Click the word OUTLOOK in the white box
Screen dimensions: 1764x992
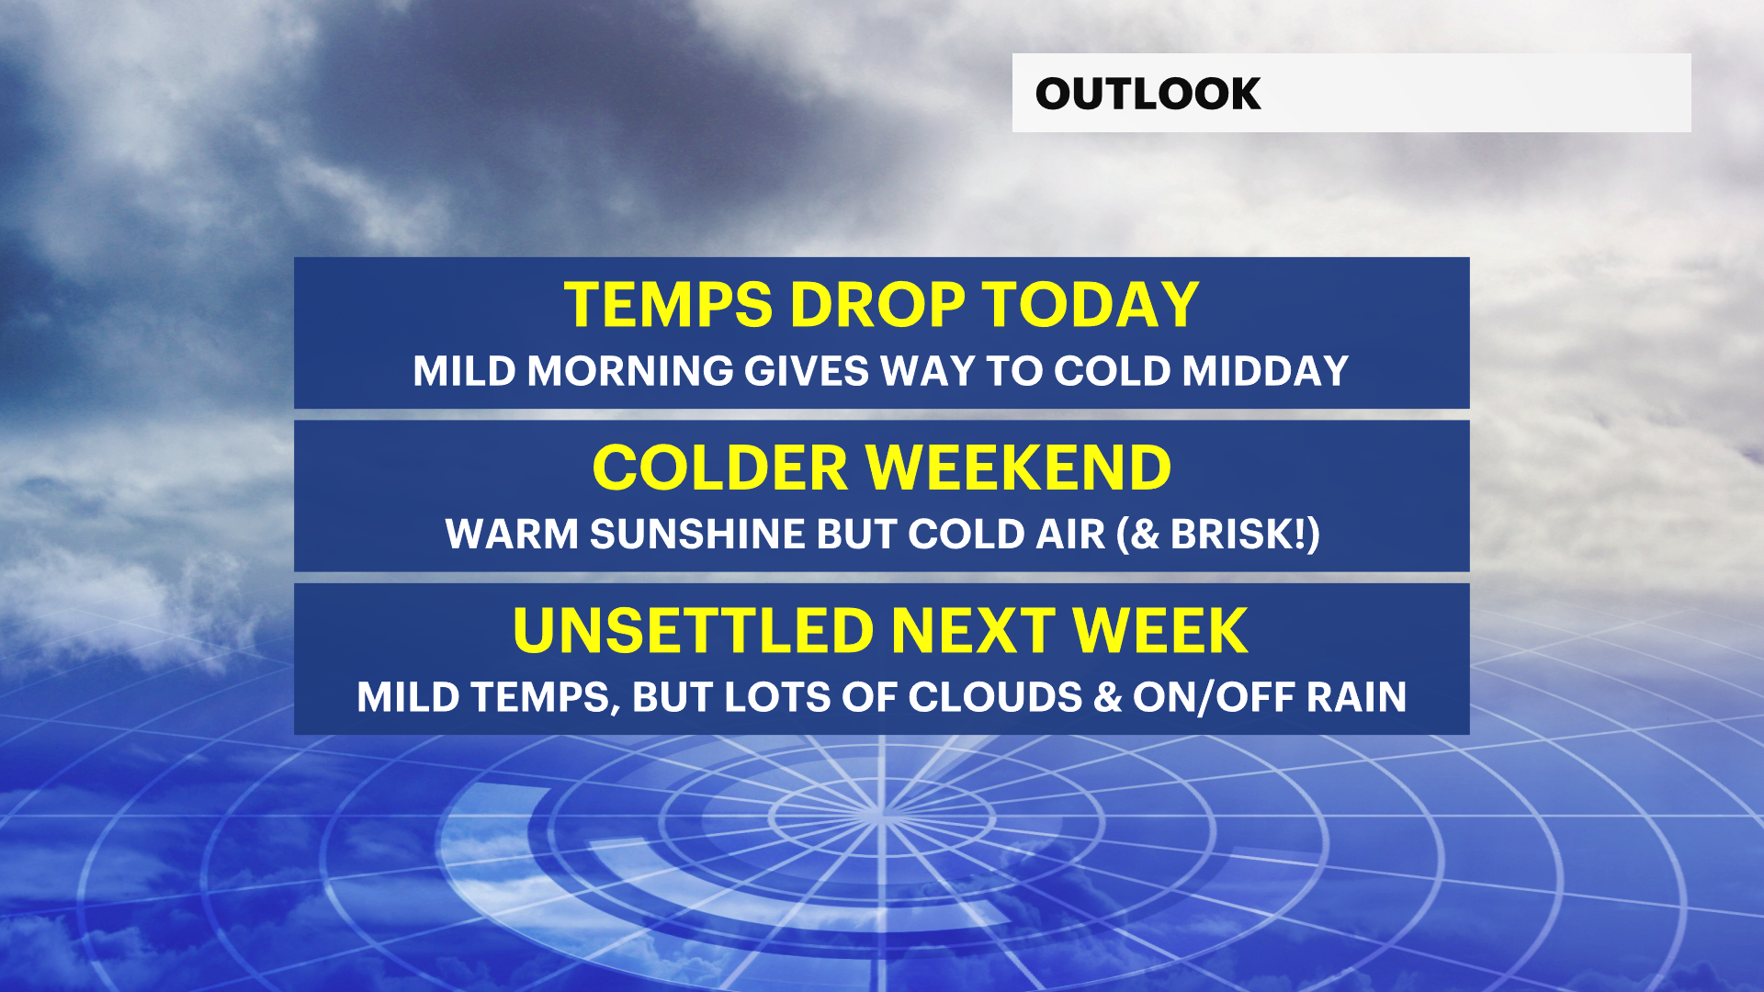(x=1148, y=94)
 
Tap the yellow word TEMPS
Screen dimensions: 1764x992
(x=668, y=305)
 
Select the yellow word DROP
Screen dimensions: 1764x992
(x=877, y=305)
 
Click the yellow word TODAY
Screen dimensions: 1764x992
(x=1091, y=305)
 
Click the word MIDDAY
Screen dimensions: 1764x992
(x=1265, y=371)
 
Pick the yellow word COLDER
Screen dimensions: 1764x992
(x=720, y=468)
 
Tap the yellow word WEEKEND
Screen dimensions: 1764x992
(x=1019, y=468)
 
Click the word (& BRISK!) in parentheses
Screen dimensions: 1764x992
(x=1218, y=535)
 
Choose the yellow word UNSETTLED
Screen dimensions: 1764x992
(x=693, y=631)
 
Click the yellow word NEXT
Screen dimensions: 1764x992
(x=973, y=631)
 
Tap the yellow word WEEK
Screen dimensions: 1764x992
(x=1160, y=631)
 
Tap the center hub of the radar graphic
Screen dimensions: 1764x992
(x=881, y=814)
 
